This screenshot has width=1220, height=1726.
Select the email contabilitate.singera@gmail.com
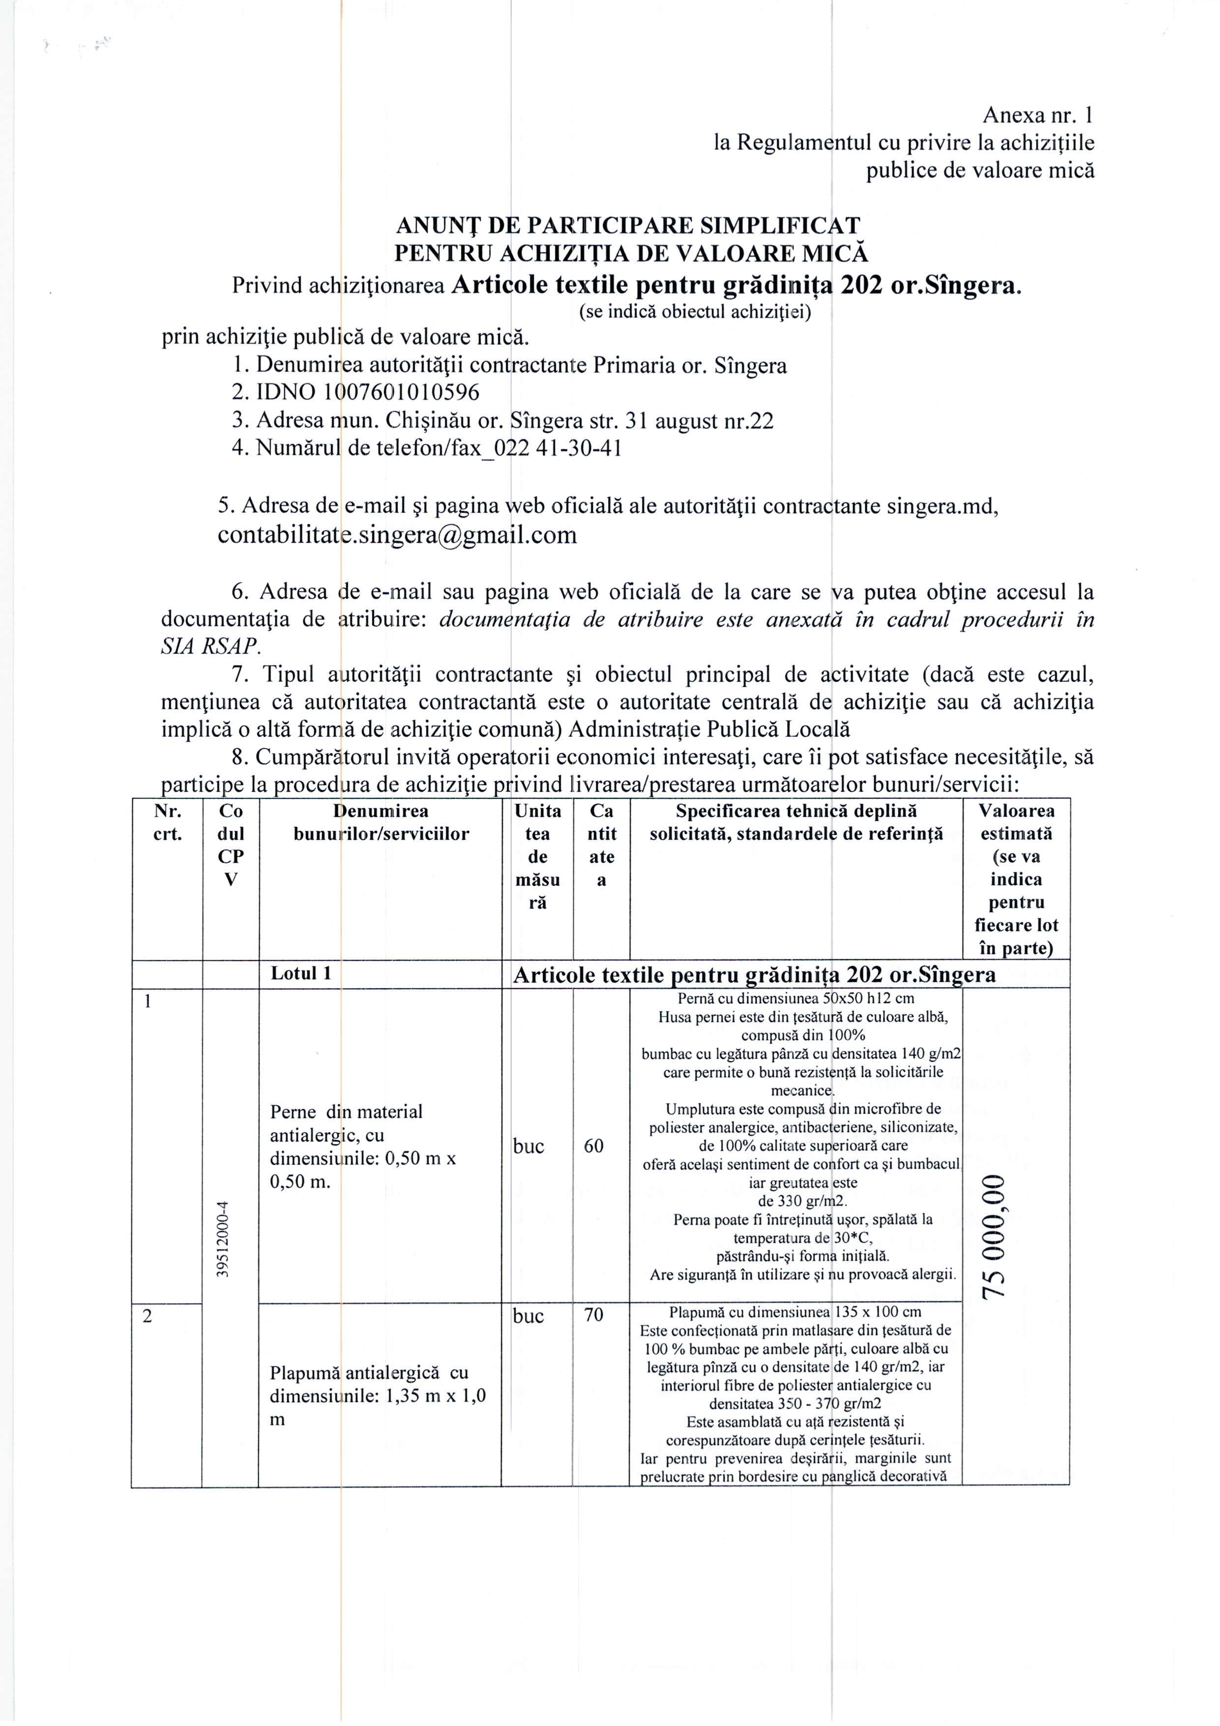pyautogui.click(x=397, y=535)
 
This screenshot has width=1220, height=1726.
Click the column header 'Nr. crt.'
pyautogui.click(x=167, y=822)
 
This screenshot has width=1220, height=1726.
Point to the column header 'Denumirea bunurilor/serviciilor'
pyautogui.click(x=381, y=822)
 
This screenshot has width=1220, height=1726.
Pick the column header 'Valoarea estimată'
pyautogui.click(x=1016, y=822)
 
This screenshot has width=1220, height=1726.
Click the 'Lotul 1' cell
pyautogui.click(x=301, y=973)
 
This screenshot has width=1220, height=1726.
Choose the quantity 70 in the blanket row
pyautogui.click(x=594, y=1316)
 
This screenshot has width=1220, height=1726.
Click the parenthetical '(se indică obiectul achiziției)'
pyautogui.click(x=695, y=312)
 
